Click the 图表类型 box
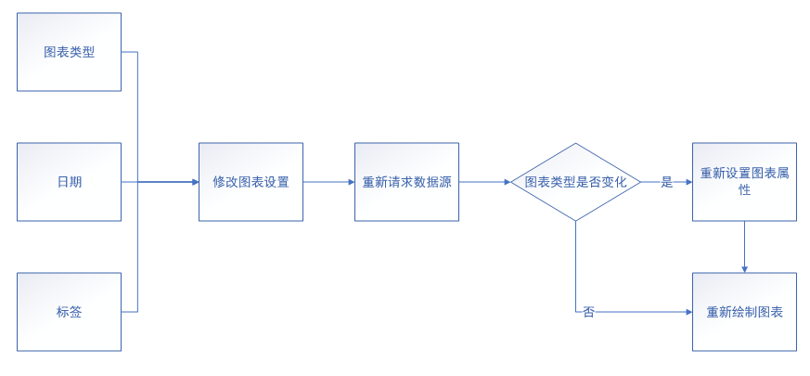click(69, 52)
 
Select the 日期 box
click(69, 182)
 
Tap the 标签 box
click(69, 312)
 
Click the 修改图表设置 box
click(251, 182)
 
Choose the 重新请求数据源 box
click(406, 182)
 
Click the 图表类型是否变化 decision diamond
click(575, 182)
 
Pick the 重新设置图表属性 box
click(744, 182)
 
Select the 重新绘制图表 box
click(744, 312)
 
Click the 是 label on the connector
click(666, 182)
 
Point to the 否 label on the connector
click(588, 312)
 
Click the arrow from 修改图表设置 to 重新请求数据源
click(328, 182)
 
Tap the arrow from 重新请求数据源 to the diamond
click(484, 182)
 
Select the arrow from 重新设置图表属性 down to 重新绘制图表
click(744, 246)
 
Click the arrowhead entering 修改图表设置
click(195, 182)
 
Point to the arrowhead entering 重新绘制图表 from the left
click(688, 312)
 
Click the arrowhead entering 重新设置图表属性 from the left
click(688, 182)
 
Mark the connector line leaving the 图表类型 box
click(130, 52)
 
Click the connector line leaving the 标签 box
click(130, 312)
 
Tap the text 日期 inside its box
click(69, 182)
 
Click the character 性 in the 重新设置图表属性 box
click(744, 190)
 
